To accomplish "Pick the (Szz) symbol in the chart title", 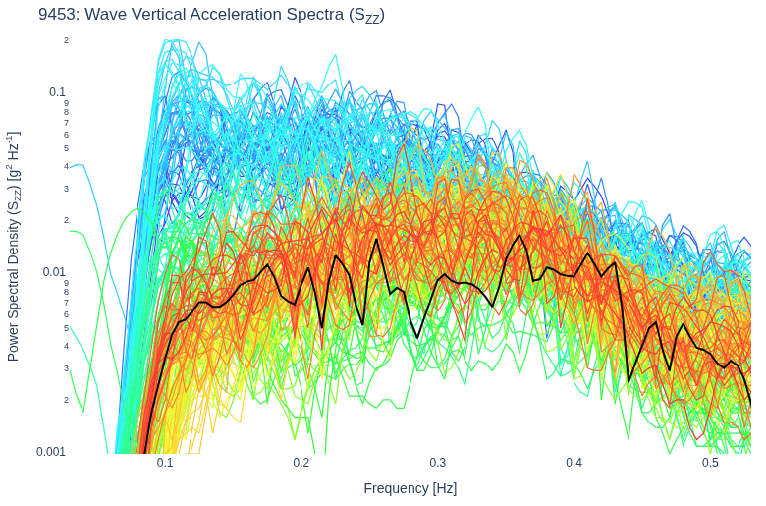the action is (x=367, y=16).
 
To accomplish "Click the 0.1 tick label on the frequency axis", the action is (x=165, y=463).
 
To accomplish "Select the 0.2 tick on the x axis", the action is (x=301, y=463).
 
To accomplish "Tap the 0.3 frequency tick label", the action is (x=438, y=463).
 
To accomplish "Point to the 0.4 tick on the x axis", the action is (x=574, y=463).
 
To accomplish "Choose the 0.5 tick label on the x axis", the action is (x=710, y=463).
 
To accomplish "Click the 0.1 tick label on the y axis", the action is (x=57, y=92).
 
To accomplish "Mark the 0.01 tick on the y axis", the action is (x=54, y=272).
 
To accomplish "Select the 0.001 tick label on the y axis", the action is (x=51, y=452).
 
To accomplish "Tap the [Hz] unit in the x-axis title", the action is (x=445, y=489).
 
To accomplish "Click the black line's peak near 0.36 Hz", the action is (x=520, y=235).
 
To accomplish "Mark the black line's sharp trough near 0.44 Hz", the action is (x=629, y=381).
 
